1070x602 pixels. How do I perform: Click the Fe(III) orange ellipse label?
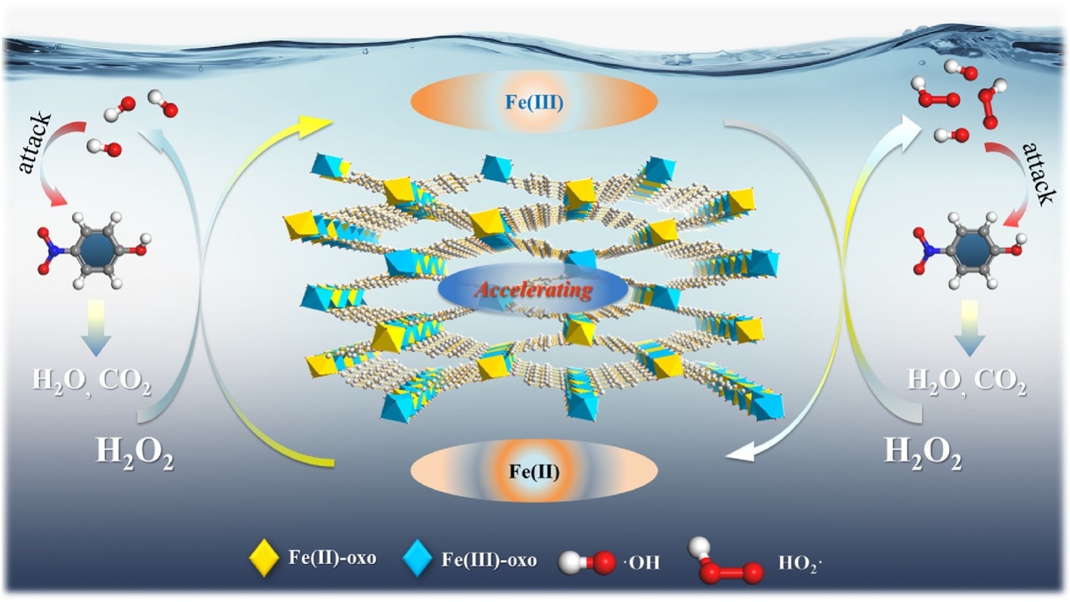tap(534, 103)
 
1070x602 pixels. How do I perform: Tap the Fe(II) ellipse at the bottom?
tap(534, 471)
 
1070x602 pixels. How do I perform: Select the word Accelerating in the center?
tap(534, 290)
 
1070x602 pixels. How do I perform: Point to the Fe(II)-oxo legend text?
tap(332, 558)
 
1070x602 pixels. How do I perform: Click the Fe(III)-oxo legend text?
tap(489, 559)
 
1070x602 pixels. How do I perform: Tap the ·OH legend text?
tap(641, 562)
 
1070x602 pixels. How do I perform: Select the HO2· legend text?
tap(799, 563)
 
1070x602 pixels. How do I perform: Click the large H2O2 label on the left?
tap(135, 452)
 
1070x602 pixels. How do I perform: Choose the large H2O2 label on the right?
tap(922, 452)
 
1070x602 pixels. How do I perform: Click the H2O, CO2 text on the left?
tap(92, 380)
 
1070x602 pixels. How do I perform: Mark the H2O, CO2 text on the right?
tap(966, 380)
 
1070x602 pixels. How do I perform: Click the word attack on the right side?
tap(1039, 173)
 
